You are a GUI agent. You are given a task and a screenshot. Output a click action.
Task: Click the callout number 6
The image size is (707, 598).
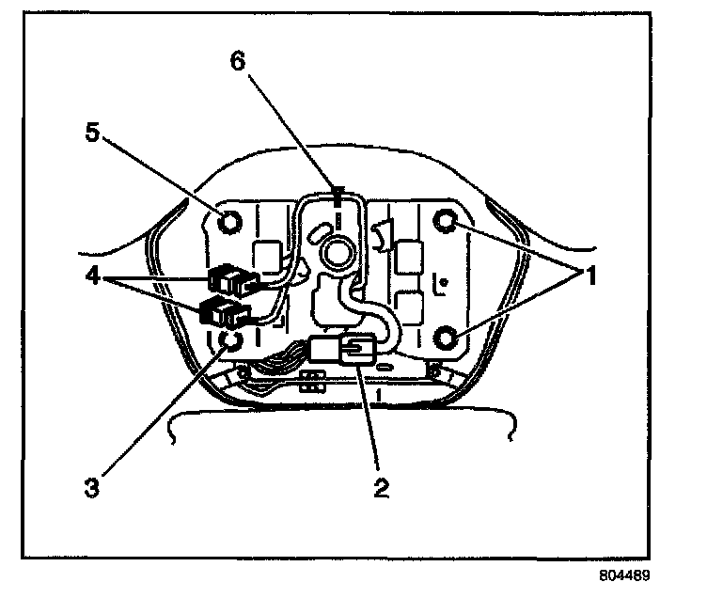[237, 62]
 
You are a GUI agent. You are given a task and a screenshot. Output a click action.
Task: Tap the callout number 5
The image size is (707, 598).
[90, 131]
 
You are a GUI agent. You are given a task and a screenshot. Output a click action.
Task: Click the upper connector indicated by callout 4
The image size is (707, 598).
[229, 279]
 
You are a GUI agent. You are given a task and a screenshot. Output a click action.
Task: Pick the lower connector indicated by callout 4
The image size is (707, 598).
[223, 310]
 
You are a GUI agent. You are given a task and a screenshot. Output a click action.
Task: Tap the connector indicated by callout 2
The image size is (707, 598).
[353, 352]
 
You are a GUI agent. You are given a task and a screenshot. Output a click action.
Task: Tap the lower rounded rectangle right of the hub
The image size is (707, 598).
[408, 306]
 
